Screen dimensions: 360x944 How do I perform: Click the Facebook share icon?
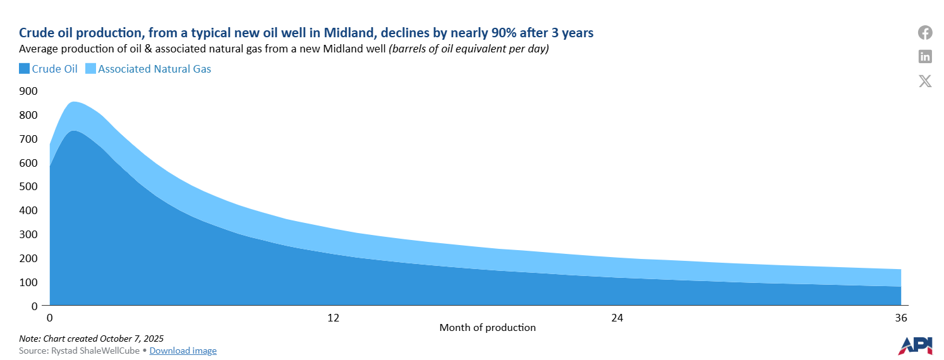click(x=925, y=32)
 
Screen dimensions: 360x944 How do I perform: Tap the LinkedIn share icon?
click(x=925, y=56)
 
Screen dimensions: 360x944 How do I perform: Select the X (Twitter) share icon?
click(x=925, y=81)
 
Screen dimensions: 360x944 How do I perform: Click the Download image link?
click(x=183, y=351)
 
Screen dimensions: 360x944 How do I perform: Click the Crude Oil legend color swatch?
click(x=24, y=69)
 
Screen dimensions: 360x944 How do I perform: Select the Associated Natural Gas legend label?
click(x=154, y=69)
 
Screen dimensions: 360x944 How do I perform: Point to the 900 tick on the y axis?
click(x=29, y=91)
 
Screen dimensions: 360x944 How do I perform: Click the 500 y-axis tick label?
click(x=29, y=186)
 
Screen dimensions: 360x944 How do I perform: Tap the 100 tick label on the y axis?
click(x=29, y=282)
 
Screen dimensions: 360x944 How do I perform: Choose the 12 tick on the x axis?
click(x=333, y=317)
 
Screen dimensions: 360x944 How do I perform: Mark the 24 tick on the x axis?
click(x=617, y=317)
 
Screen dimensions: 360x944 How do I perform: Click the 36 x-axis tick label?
click(x=901, y=317)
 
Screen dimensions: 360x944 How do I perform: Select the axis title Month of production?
click(x=487, y=328)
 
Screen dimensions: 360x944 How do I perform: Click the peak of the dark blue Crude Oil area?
click(x=73, y=131)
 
